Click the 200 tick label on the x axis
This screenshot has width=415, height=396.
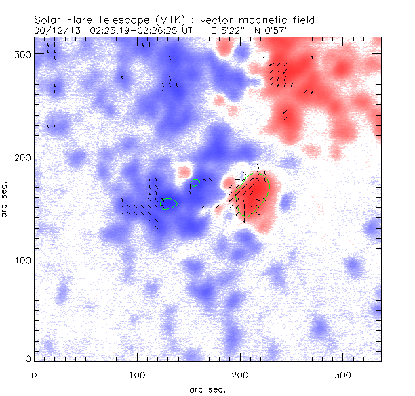(240, 374)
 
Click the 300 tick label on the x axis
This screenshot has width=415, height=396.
(343, 374)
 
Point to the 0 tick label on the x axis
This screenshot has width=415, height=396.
(34, 374)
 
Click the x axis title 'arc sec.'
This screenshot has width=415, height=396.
(207, 389)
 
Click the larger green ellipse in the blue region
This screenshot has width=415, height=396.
(168, 203)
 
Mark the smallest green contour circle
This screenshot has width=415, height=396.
(195, 183)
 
